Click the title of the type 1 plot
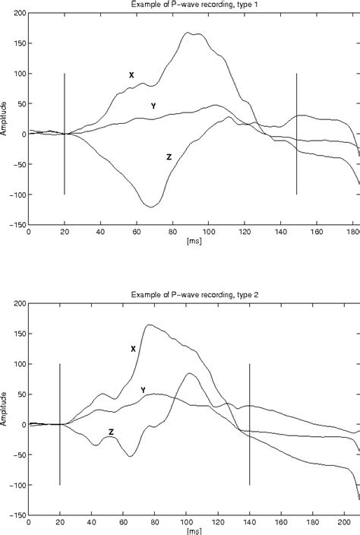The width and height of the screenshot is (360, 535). tap(193, 5)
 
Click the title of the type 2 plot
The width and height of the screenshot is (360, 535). tap(193, 294)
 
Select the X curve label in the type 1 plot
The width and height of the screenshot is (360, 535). tap(131, 75)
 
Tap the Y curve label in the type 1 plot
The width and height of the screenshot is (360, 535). tap(153, 106)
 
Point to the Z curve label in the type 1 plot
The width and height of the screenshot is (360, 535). tap(169, 157)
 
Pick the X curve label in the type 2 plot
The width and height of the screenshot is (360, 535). tap(133, 349)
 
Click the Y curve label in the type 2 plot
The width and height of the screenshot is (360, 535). tap(143, 390)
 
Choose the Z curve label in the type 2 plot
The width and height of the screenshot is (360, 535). tap(111, 432)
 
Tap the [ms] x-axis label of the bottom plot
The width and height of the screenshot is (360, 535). tap(193, 531)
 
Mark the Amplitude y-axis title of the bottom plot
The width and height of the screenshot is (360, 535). tap(5, 407)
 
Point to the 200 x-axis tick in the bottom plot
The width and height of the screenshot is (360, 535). tap(346, 523)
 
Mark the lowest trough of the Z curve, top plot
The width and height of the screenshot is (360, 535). tap(152, 207)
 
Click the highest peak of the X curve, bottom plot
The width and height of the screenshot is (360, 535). tap(148, 324)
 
